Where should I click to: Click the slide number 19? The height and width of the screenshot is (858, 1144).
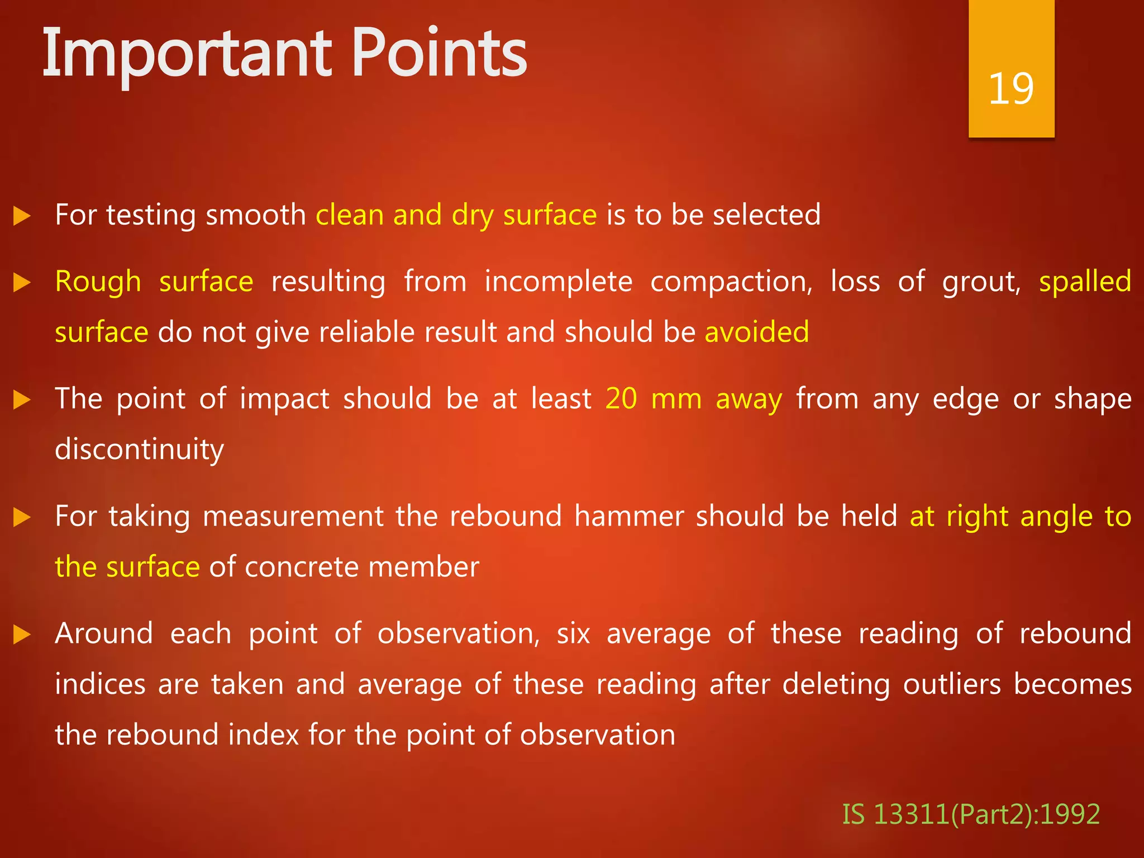pos(1010,89)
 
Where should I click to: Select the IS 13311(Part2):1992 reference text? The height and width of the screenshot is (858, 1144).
pos(970,814)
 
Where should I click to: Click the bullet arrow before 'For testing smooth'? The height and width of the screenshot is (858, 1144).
pos(22,216)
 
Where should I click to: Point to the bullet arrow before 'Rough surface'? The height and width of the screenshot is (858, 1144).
pos(22,283)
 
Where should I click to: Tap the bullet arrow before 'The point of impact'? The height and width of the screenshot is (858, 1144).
pos(22,400)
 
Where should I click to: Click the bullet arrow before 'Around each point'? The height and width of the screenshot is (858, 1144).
pos(22,635)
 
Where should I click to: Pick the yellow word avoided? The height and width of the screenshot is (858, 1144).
pos(756,332)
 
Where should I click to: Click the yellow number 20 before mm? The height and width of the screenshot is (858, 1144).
pos(621,399)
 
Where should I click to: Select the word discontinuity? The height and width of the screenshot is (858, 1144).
pos(140,450)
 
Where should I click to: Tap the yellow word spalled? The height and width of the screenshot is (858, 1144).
pos(1085,282)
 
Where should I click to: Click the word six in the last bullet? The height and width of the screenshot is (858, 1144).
pos(573,634)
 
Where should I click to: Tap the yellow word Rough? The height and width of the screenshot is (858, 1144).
pos(98,282)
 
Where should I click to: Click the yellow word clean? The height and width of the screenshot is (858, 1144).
pos(349,215)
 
